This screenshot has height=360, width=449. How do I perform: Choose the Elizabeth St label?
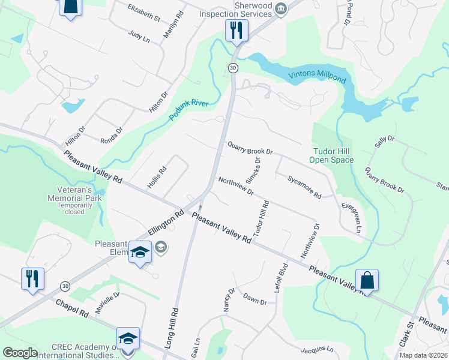click(144, 12)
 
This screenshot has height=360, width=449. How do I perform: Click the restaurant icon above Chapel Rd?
click(32, 278)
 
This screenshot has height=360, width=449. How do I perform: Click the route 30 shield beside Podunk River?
click(233, 68)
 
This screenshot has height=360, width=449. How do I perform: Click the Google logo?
click(20, 353)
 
